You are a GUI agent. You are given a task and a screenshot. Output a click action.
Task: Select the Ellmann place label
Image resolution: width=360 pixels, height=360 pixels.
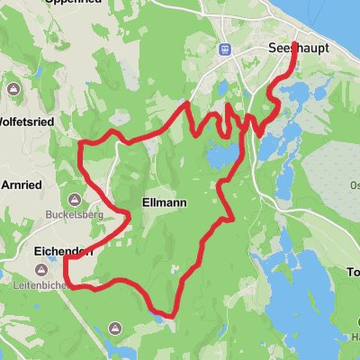[165, 203]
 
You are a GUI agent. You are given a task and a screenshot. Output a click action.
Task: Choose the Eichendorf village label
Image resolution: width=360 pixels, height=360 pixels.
[62, 253]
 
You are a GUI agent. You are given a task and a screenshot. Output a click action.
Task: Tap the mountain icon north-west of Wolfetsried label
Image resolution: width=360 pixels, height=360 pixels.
[13, 91]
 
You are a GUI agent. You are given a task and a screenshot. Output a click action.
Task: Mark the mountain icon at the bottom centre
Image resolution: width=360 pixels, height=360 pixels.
[114, 328]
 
